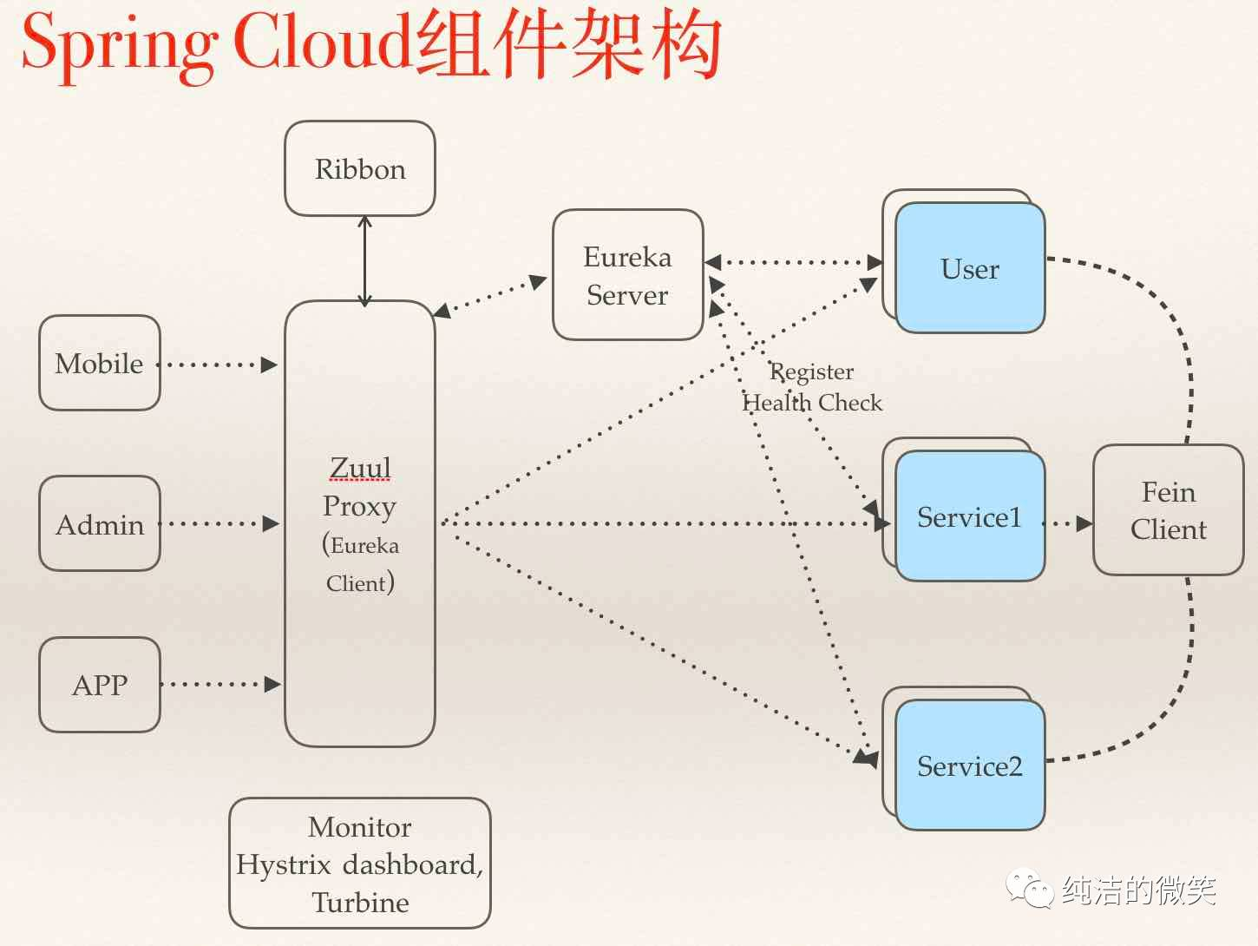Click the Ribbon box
[x=360, y=168]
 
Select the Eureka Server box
[x=628, y=274]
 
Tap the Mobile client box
[x=100, y=363]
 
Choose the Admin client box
[x=100, y=523]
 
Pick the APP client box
[x=100, y=685]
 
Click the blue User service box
[x=970, y=268]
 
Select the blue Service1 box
[x=970, y=516]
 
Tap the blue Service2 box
[x=970, y=765]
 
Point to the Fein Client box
[x=1169, y=509]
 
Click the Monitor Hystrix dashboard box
[x=360, y=864]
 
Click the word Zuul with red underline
[x=360, y=468]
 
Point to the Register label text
[x=811, y=372]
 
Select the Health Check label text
[x=812, y=403]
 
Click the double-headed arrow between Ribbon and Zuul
[x=364, y=261]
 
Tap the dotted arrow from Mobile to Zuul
[x=217, y=365]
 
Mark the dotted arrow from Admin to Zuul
[x=219, y=523]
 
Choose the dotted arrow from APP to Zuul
[x=220, y=684]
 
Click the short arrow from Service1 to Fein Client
[x=1068, y=523]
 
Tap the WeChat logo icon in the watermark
[x=1030, y=888]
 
